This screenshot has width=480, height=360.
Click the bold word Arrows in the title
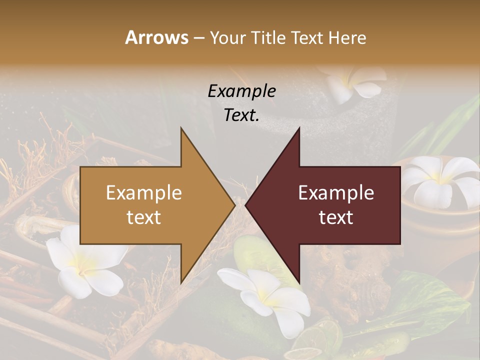(157, 37)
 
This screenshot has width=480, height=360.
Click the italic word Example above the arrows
(241, 91)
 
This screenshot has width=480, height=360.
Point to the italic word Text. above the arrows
(241, 115)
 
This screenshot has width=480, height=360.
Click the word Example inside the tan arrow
(144, 193)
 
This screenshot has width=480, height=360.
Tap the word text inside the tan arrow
(144, 217)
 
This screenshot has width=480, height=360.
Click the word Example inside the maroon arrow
(336, 193)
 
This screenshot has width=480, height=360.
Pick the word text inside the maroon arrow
(336, 217)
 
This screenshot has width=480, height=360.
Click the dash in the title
(198, 38)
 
